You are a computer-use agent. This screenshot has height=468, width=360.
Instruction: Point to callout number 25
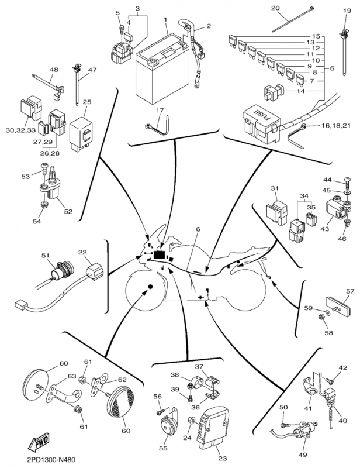pos(87,102)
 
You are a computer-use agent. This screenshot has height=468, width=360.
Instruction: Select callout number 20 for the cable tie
pos(292,8)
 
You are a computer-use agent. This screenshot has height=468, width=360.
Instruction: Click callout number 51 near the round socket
pos(46,255)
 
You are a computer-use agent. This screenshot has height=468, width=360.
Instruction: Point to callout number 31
pos(275,188)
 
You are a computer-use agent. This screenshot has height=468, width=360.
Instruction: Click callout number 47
pos(92,70)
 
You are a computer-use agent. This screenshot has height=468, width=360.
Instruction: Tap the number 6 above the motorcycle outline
pos(198,230)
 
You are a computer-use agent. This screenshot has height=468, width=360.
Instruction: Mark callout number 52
pos(68,211)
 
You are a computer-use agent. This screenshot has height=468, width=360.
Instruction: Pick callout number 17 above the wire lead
pos(160,110)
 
